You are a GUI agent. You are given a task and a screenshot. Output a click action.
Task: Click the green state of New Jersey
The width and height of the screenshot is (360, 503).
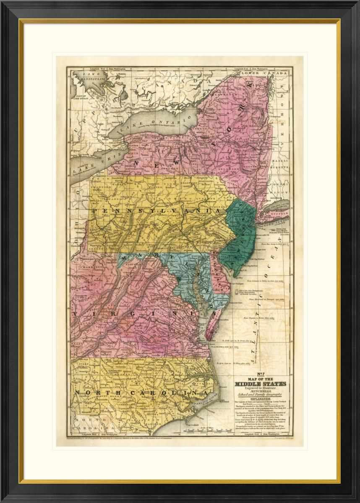[239, 239]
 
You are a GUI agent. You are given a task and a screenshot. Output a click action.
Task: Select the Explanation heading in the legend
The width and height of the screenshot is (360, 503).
[260, 399]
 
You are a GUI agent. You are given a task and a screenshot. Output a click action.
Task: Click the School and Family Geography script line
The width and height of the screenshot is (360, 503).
[260, 394]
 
